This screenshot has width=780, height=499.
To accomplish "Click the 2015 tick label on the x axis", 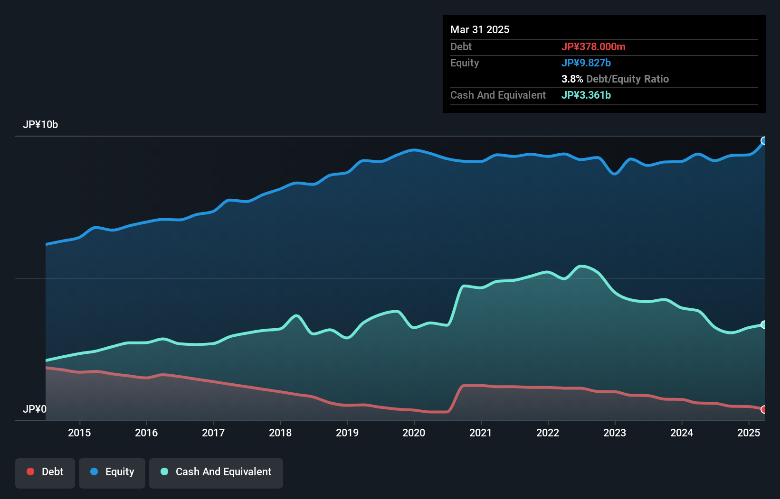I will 79,433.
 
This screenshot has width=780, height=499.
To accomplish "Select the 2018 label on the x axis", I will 280,433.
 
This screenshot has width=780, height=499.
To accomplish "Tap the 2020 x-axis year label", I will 414,433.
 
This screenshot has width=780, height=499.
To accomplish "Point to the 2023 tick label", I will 615,433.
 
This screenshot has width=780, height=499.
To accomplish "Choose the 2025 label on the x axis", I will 749,433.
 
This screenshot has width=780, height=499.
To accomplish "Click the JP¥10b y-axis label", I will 40,125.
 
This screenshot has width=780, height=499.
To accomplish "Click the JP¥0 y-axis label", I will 35,409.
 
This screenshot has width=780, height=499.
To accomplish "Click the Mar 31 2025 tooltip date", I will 480,29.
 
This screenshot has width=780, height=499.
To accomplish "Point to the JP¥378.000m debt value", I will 593,46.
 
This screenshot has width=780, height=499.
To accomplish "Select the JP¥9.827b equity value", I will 586,63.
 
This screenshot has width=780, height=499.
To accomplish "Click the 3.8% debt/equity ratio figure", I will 572,79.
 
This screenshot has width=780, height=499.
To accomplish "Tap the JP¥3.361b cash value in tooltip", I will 586,95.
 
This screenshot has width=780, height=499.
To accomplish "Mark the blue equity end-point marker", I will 764,141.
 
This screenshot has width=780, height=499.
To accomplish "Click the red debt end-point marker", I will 764,409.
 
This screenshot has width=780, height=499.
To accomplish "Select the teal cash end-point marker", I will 764,324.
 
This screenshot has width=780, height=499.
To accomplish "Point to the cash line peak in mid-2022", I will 581,266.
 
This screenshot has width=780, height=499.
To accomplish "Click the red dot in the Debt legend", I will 30,471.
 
